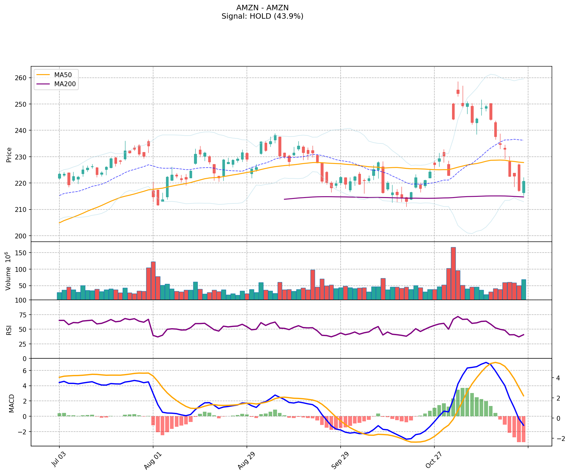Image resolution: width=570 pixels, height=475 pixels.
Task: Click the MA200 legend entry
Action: click(x=65, y=84)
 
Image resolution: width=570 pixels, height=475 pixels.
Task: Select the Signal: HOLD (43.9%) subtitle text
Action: click(x=262, y=16)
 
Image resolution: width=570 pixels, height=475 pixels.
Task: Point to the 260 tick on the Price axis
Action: click(x=22, y=78)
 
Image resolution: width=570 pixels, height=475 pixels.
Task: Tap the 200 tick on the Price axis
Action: click(x=22, y=236)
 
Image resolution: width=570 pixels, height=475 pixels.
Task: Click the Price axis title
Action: click(x=9, y=155)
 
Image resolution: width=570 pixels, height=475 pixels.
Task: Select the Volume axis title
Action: click(x=8, y=271)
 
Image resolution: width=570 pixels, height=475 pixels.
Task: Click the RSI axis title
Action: click(x=9, y=330)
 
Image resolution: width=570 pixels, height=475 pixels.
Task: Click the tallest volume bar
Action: click(x=453, y=273)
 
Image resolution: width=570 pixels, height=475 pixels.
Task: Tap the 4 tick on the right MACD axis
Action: click(x=558, y=378)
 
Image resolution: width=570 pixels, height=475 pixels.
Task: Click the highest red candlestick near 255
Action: click(x=458, y=92)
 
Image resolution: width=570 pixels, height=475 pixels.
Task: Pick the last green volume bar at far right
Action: click(x=524, y=289)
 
